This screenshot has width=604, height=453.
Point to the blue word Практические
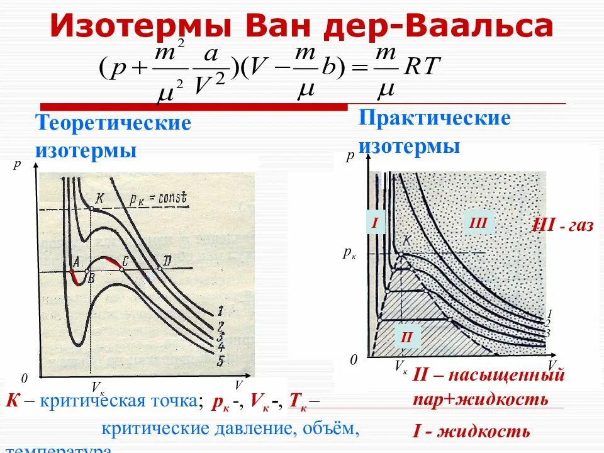[435, 118]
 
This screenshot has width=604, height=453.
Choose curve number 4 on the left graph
[221, 346]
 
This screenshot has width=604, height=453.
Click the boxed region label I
[375, 222]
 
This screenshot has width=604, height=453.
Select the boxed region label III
[478, 222]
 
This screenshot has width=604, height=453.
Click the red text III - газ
[562, 225]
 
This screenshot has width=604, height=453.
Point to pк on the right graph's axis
[350, 254]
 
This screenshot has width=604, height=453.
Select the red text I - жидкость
[471, 432]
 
